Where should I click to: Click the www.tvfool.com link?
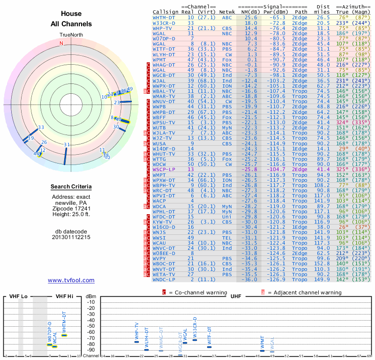pos(71,280)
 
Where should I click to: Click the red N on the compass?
pos(61,44)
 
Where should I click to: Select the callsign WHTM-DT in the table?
pos(164,17)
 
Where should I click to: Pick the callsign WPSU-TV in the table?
pos(164,122)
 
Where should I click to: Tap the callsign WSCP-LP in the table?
pos(164,169)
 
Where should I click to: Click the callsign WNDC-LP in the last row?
pos(164,280)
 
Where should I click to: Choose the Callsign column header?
pos(165,11)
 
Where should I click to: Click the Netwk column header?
pos(227,11)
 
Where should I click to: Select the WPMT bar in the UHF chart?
pos(262,350)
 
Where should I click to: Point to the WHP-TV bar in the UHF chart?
pos(136,342)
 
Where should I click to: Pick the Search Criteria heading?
pos(71,187)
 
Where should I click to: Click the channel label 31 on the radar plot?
pos(67,145)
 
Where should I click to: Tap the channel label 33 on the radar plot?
pos(41,127)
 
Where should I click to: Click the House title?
pos(71,14)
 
